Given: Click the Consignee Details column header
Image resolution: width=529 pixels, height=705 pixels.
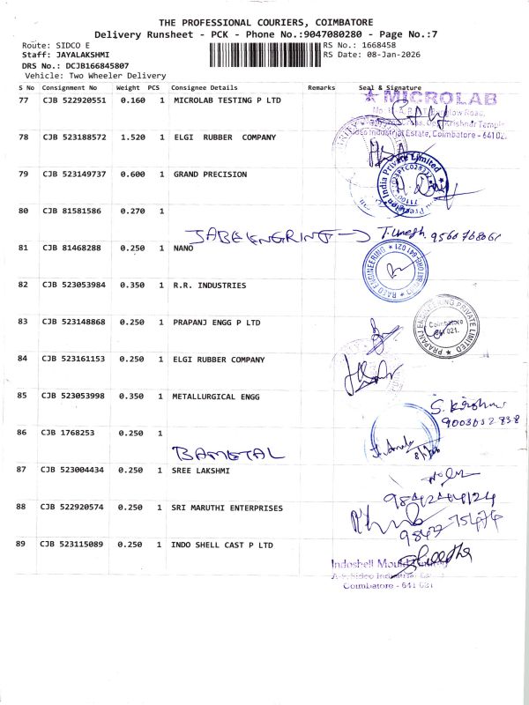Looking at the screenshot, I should point(205,88).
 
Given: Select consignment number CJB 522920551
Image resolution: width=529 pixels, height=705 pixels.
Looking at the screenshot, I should point(73,100).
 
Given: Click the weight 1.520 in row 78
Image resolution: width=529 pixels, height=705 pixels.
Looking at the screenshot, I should point(132,137).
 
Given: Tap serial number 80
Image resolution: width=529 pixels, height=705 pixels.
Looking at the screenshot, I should point(24,211).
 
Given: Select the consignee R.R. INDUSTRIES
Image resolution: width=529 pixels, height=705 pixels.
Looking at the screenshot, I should point(209,286).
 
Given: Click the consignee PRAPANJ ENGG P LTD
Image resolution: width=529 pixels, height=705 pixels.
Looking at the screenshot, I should point(216,323).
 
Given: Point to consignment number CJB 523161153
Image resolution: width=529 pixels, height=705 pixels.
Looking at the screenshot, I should point(73,360).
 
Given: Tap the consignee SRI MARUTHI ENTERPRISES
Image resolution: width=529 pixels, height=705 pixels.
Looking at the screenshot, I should point(227,508).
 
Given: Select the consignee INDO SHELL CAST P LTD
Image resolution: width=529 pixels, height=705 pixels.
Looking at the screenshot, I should point(222,545).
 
